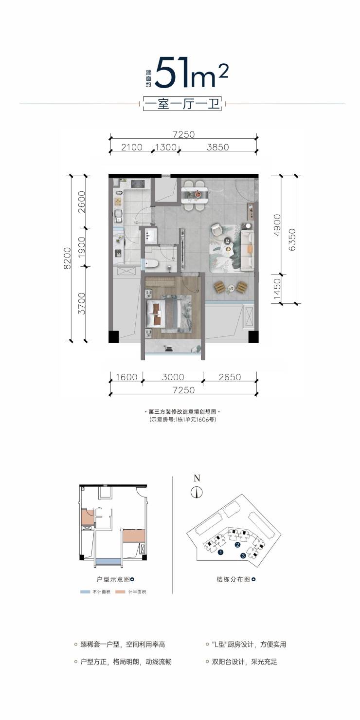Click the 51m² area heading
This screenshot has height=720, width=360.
191,73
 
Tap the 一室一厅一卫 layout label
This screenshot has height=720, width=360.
182,104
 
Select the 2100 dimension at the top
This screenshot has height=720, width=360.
132,147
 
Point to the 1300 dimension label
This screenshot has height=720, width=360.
166,147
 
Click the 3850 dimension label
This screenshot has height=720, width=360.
218,147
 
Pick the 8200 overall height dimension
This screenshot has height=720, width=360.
67,258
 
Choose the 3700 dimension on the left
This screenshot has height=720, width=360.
82,303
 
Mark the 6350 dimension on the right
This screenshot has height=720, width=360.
292,240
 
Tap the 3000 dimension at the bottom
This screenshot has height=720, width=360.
173,377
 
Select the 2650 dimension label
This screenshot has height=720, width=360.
230,377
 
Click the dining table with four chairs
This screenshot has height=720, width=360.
195,195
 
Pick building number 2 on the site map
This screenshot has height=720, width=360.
237,544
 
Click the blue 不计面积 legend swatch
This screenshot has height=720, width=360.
85,592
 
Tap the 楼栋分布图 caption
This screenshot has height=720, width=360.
234,579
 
